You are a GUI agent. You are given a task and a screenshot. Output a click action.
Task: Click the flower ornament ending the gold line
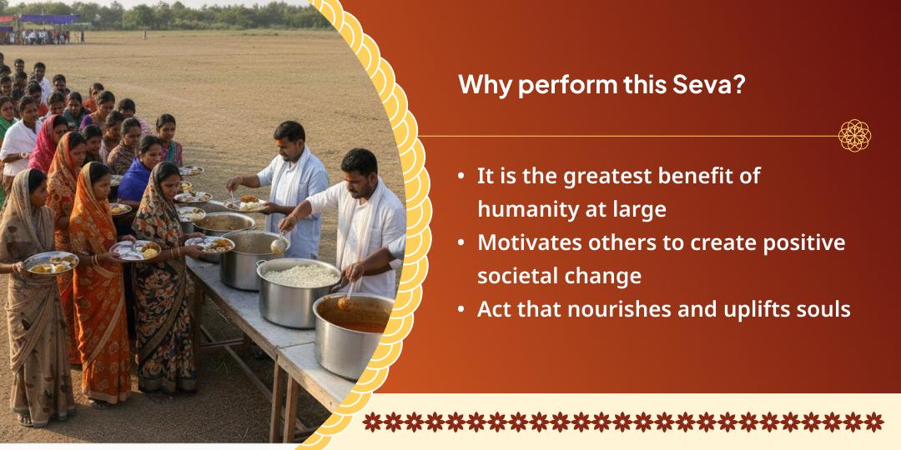coord(854,136)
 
